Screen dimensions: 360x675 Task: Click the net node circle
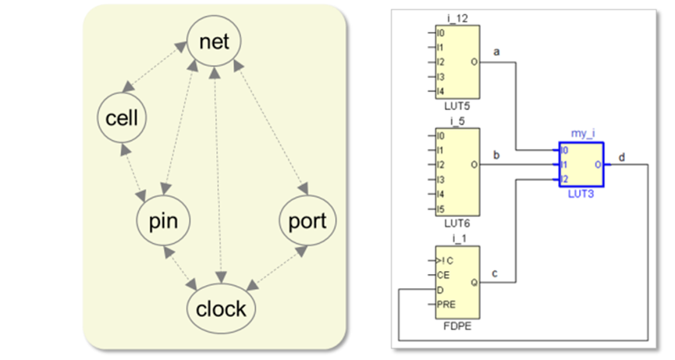click(214, 41)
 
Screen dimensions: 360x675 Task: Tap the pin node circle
click(162, 221)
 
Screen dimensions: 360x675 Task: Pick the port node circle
click(307, 221)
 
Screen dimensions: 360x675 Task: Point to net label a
click(496, 52)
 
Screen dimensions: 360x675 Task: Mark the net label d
click(620, 156)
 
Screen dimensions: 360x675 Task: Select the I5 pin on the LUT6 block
click(442, 209)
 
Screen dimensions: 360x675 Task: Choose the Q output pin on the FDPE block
click(474, 283)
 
